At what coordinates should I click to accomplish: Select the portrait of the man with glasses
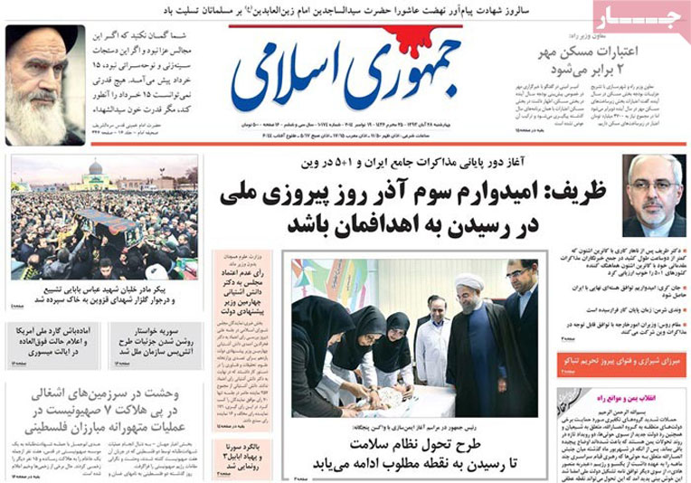(654, 194)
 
